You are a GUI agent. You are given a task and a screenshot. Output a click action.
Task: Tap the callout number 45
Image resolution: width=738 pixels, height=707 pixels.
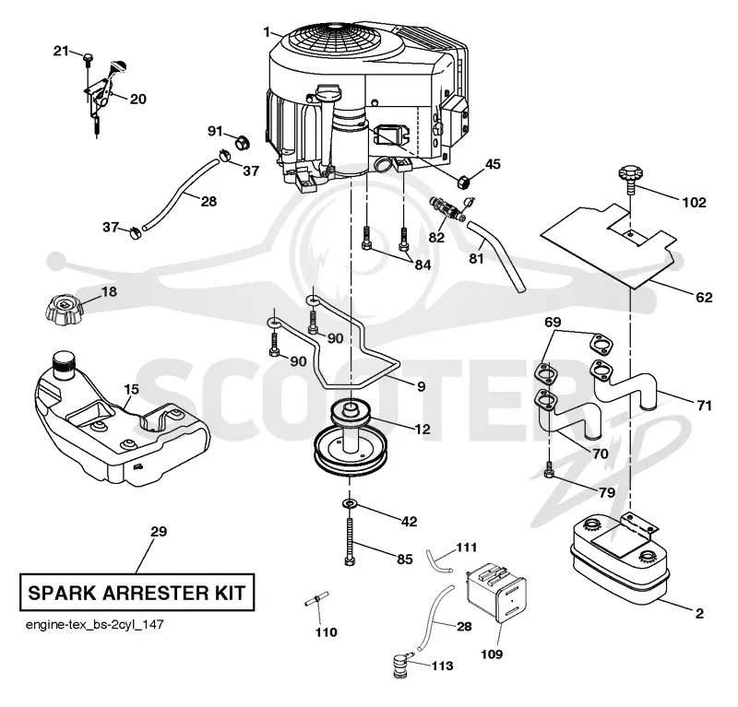tap(493, 164)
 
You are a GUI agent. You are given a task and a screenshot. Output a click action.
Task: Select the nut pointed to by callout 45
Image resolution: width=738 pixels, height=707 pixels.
tap(464, 181)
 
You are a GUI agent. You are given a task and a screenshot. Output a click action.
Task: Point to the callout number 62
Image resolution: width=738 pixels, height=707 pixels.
tap(704, 298)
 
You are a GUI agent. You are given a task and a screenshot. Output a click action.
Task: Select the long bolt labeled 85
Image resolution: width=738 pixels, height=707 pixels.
tap(350, 541)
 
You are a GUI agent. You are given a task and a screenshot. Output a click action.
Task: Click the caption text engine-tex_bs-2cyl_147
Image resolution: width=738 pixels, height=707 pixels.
tap(95, 625)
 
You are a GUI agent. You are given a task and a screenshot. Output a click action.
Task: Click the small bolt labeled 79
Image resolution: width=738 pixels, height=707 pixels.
tap(548, 469)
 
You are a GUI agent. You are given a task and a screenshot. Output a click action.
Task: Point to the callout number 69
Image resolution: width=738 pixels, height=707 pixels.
tap(553, 323)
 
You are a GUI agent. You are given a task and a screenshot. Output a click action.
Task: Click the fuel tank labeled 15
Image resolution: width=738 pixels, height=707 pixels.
tap(122, 418)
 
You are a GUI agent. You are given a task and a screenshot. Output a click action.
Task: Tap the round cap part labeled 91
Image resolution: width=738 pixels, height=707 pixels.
tap(242, 142)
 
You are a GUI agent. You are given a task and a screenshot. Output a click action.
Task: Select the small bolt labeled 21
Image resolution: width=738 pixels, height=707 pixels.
tap(88, 57)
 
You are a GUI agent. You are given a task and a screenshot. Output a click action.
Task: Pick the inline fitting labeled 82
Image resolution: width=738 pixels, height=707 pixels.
tap(447, 209)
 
